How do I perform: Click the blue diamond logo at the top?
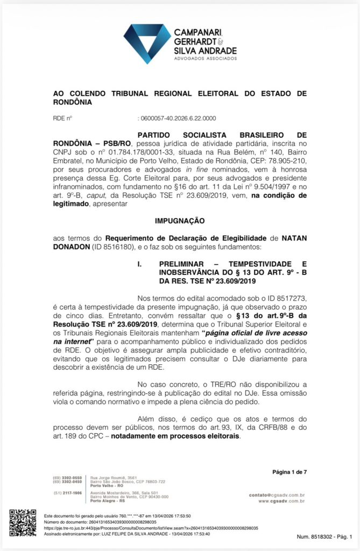(x=147, y=43)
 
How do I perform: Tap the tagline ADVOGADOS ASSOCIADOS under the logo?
(x=205, y=58)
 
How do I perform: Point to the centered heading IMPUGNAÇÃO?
(x=180, y=221)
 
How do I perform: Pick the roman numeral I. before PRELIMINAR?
(x=139, y=265)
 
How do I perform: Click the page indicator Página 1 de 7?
(x=289, y=472)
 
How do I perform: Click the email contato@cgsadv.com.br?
(x=277, y=495)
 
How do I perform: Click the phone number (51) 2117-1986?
(x=67, y=493)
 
